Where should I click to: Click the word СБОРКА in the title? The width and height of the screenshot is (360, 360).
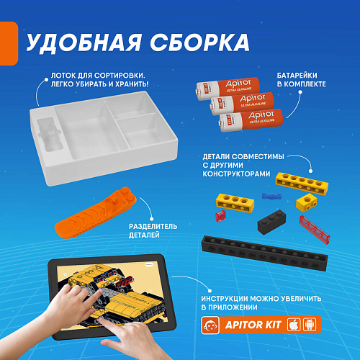[x=199, y=42]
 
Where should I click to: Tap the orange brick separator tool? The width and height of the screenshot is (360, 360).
[x=96, y=213]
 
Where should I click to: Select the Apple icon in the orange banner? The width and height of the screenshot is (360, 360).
[x=294, y=325]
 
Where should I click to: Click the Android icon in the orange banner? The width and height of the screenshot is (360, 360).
[x=310, y=325]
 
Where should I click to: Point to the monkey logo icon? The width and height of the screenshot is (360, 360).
[x=210, y=325]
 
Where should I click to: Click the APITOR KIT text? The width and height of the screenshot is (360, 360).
[x=253, y=325]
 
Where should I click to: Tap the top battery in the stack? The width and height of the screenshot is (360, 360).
[x=228, y=89]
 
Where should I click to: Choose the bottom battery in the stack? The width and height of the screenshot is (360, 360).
[x=251, y=120]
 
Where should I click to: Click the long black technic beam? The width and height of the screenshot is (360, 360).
[x=265, y=253]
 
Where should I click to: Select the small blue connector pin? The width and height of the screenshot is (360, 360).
[x=271, y=196]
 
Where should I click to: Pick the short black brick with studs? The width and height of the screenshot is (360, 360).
[x=271, y=222]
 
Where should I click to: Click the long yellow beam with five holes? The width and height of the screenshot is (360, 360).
[x=302, y=184]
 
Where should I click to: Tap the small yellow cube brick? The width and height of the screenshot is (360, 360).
[x=307, y=202]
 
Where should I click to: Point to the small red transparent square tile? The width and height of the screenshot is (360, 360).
[x=220, y=215]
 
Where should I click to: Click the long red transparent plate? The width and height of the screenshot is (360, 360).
[x=315, y=230]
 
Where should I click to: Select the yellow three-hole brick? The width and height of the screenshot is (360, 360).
[x=235, y=203]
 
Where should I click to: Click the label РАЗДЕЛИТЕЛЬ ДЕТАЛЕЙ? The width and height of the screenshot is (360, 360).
[x=153, y=230]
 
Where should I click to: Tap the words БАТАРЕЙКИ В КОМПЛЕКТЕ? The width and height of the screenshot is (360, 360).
[x=302, y=80]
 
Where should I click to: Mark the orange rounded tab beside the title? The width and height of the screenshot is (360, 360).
[x=9, y=43]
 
